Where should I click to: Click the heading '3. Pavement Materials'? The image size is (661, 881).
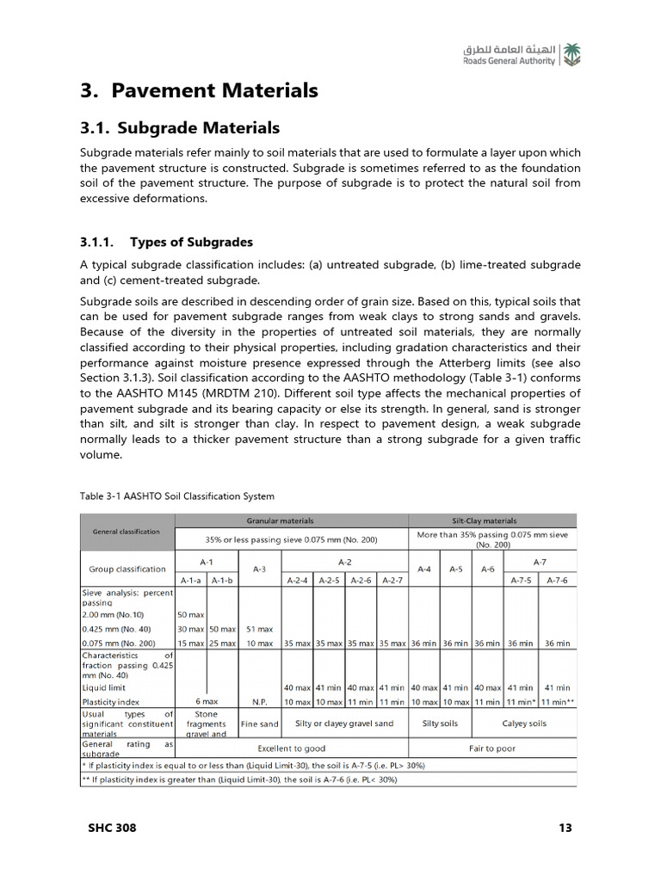click(199, 90)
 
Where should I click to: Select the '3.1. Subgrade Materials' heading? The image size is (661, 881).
click(180, 128)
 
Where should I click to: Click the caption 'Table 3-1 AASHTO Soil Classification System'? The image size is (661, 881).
click(177, 496)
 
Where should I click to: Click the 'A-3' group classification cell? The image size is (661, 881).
click(260, 569)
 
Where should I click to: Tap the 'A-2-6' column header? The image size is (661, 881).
click(361, 580)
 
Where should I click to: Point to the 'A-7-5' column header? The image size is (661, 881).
click(522, 580)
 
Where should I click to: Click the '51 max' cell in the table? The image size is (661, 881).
click(260, 629)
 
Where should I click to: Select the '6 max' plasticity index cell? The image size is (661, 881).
click(206, 701)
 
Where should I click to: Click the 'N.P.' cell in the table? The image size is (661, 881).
click(260, 701)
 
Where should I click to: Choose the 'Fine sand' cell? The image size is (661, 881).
click(260, 724)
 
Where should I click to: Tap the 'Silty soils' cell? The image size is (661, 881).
click(440, 724)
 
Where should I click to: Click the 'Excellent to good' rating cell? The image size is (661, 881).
click(291, 749)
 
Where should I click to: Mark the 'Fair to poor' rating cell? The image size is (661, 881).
click(492, 749)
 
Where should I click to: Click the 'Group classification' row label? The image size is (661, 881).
click(127, 569)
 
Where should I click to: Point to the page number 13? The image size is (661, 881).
click(565, 829)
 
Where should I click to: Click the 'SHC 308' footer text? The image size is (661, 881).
click(112, 829)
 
